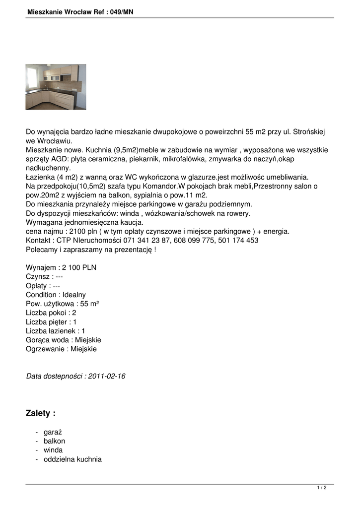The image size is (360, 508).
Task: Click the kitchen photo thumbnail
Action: [x=56, y=87]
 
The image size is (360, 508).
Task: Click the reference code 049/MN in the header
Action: [x=119, y=12]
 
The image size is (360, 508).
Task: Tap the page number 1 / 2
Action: [x=322, y=488]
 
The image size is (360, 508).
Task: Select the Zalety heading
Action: [x=40, y=413]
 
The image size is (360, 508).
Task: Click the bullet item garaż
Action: [x=52, y=432]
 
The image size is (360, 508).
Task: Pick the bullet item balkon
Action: [x=54, y=441]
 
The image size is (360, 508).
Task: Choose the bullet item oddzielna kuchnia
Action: [x=72, y=459]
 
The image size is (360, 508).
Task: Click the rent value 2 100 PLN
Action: [x=79, y=267]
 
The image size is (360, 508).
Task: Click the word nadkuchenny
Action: [x=49, y=168]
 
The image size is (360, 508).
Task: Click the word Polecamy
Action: [x=42, y=250]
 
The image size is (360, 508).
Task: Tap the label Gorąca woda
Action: [x=46, y=340]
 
